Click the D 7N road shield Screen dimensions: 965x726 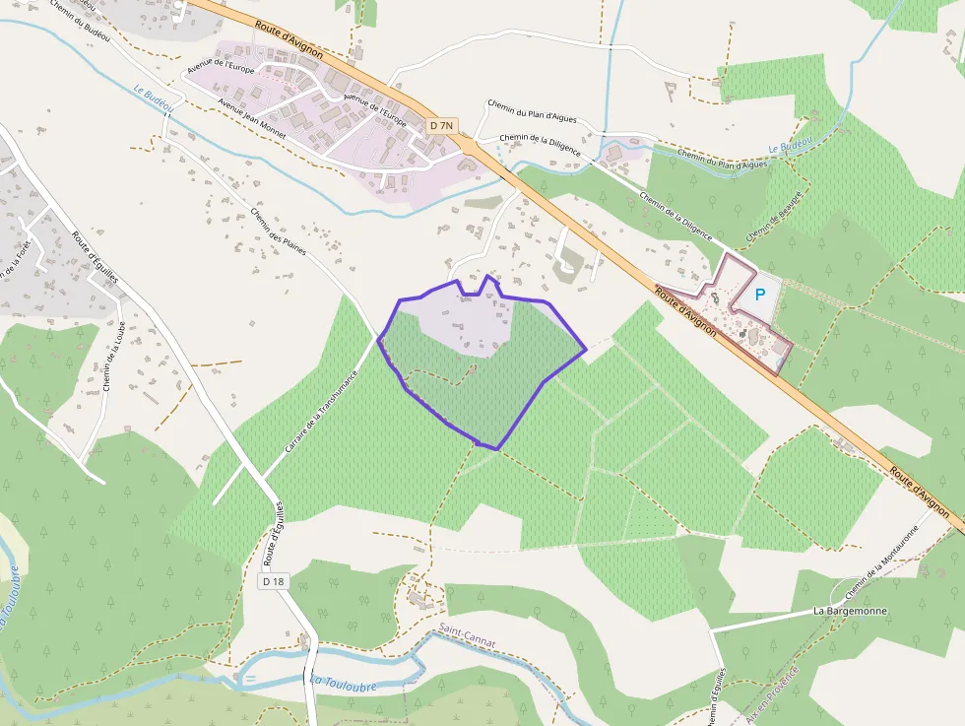tap(442, 125)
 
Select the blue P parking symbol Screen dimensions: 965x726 tap(759, 294)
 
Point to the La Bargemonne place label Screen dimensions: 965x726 tap(850, 611)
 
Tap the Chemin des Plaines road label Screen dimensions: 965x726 tap(279, 231)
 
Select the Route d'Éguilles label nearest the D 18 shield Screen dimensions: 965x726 tap(274, 532)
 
